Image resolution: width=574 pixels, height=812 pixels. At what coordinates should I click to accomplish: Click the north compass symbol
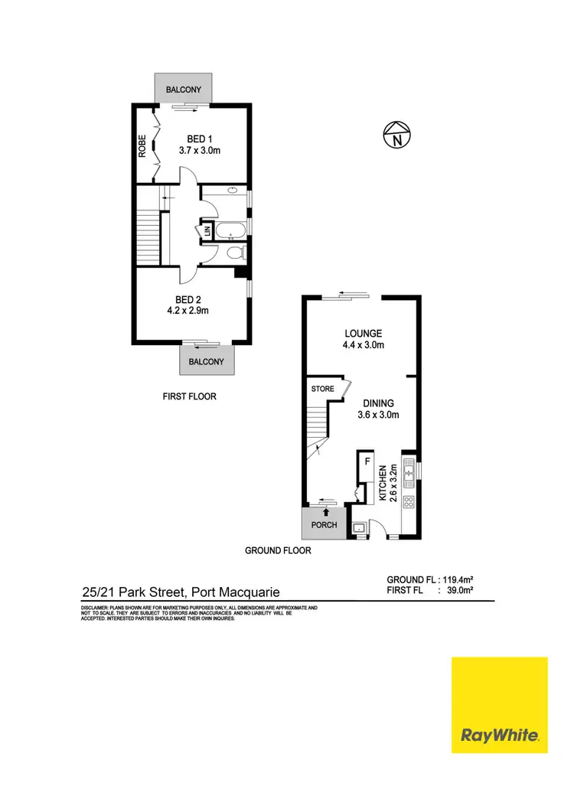click(x=396, y=135)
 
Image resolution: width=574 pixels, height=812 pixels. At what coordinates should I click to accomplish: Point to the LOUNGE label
click(x=363, y=334)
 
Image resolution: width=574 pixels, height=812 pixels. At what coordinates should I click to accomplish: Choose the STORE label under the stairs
click(x=322, y=389)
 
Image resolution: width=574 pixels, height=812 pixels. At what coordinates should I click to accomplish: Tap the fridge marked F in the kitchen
click(x=367, y=462)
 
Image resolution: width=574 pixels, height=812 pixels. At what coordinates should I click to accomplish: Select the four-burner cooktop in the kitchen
click(x=408, y=503)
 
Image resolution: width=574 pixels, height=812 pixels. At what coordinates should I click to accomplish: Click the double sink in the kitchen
click(x=409, y=468)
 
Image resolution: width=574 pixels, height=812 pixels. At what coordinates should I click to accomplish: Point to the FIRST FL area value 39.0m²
click(x=459, y=591)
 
